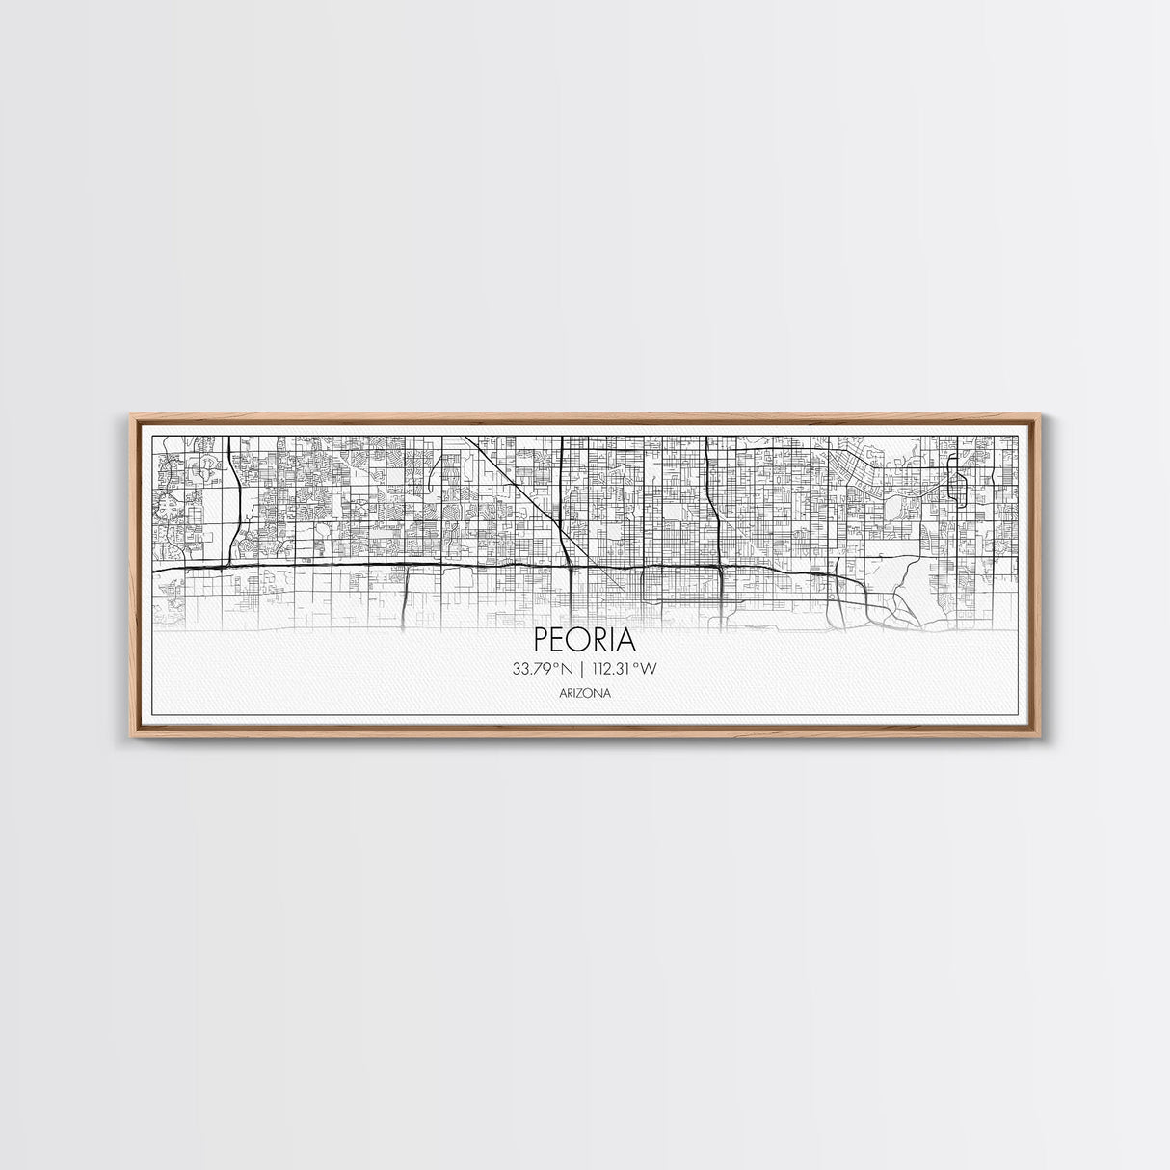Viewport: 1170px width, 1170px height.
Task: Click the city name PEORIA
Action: (584, 641)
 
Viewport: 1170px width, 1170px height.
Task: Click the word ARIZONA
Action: (584, 692)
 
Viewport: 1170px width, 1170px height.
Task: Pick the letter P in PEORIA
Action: (541, 641)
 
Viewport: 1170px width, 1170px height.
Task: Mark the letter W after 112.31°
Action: (662, 669)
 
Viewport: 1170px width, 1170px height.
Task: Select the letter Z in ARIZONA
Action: (583, 692)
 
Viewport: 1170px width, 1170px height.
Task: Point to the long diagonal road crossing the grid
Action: (516, 492)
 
